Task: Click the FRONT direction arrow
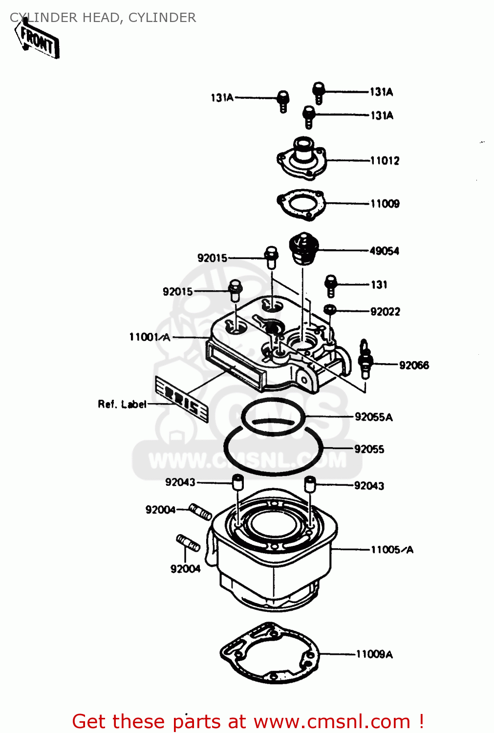point(38,42)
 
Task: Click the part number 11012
point(385,161)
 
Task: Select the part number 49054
point(384,251)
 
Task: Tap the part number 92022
point(385,312)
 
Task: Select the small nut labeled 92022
point(330,309)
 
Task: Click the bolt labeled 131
point(331,285)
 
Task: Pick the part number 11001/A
point(150,337)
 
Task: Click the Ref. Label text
point(122,404)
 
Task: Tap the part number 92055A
point(373,417)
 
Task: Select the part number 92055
point(369,449)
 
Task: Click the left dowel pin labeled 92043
point(237,482)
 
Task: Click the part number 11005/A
point(392,550)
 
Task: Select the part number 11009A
point(374,654)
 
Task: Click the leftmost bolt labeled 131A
point(283,101)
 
